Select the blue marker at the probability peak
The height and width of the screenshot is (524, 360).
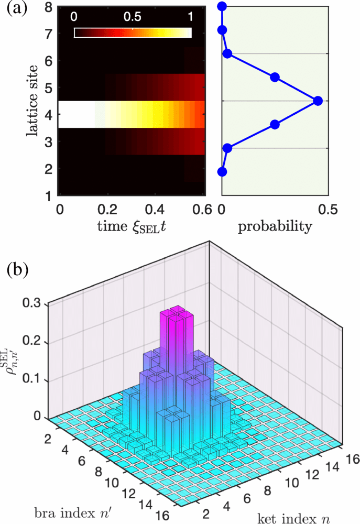coord(317,101)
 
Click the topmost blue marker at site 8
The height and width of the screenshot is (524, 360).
coord(222,6)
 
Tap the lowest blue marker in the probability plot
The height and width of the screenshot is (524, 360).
coord(222,171)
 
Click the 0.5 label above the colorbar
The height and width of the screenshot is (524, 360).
coord(132,16)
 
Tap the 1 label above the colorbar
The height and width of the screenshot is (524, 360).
coord(189,16)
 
